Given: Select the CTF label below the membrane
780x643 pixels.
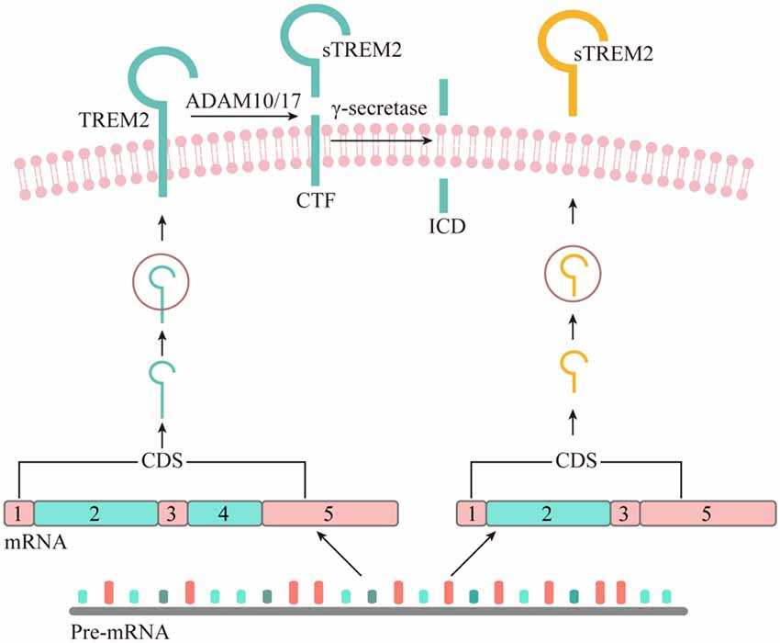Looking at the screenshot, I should tap(315, 200).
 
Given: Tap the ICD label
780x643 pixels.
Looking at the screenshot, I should tap(442, 223).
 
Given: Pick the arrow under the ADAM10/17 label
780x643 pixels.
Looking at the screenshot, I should tap(243, 117).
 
